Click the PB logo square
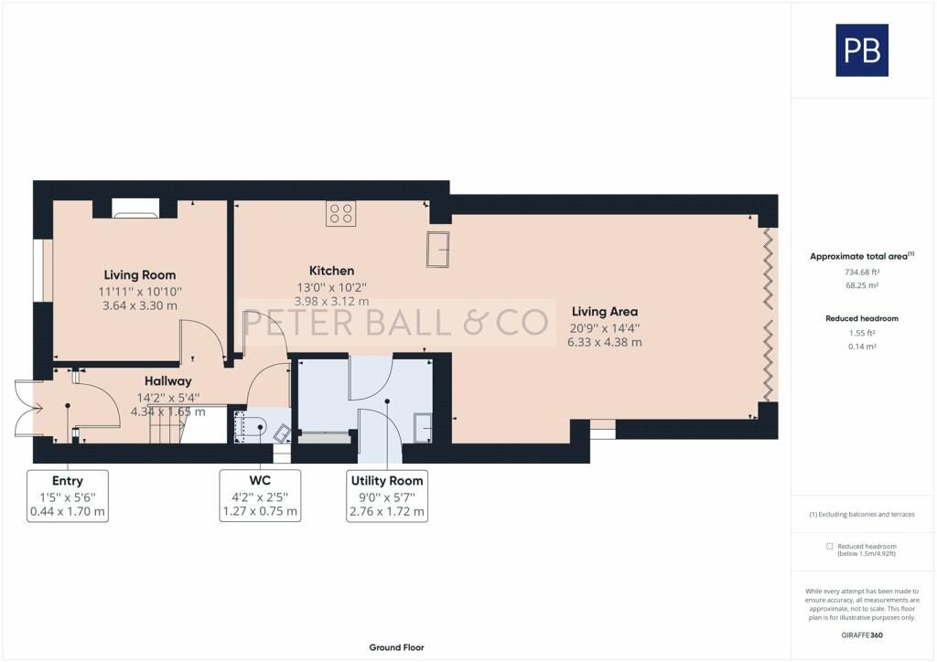click(x=861, y=50)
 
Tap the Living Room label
click(x=139, y=274)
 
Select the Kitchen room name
click(x=331, y=271)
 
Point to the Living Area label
click(x=604, y=312)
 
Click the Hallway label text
click(x=167, y=380)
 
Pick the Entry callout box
click(x=68, y=496)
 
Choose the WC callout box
click(x=260, y=496)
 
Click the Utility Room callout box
click(x=387, y=496)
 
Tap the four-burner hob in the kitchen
click(x=341, y=214)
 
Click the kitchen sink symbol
click(x=437, y=249)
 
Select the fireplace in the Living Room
click(x=134, y=210)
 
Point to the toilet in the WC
click(x=251, y=425)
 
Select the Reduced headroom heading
click(x=861, y=318)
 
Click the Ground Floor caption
click(x=396, y=647)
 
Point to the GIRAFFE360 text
click(x=863, y=635)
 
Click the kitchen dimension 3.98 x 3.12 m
click(x=331, y=301)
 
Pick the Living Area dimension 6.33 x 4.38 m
click(x=604, y=342)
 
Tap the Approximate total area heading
click(x=861, y=257)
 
